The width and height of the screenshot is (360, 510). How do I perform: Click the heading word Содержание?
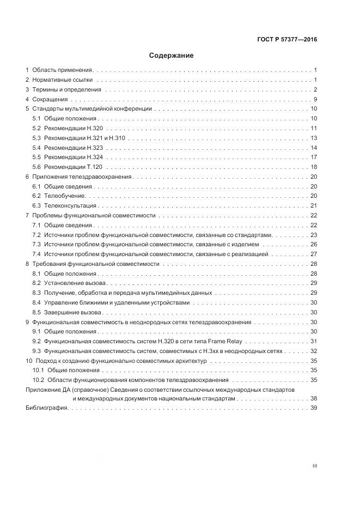[x=171, y=56]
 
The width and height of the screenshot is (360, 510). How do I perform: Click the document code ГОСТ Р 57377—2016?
[x=286, y=39]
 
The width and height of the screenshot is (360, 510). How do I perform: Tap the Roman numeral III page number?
[x=314, y=466]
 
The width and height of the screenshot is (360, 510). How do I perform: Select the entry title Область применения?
[x=63, y=70]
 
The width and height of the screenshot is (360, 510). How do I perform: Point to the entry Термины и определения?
[x=66, y=90]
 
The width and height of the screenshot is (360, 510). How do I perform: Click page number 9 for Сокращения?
[x=315, y=99]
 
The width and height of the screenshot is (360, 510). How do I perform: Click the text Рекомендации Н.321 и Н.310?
[x=84, y=138]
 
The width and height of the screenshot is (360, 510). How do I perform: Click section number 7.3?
[x=36, y=245]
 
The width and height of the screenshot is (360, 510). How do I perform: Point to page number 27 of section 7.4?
[x=314, y=254]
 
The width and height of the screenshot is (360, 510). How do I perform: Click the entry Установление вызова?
[x=75, y=283]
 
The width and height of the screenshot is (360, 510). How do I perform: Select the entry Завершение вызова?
[x=73, y=313]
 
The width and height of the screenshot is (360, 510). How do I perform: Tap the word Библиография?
[x=46, y=409]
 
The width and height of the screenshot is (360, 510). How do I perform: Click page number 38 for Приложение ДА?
[x=314, y=399]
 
